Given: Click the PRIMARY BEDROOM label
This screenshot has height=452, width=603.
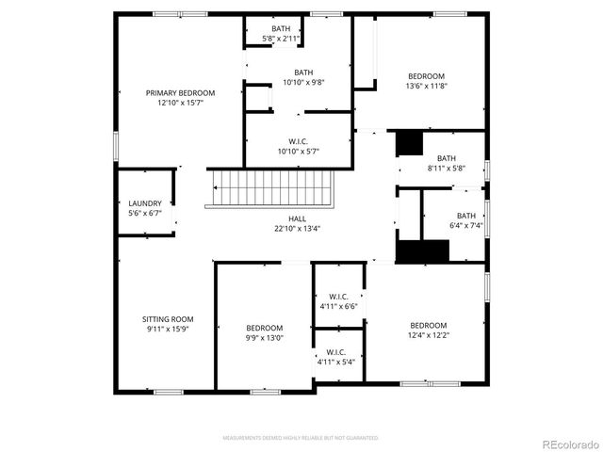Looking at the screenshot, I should (180, 93).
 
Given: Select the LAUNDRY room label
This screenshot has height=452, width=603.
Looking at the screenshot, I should (145, 203).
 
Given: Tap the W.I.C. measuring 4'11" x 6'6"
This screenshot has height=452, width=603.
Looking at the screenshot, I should (337, 299).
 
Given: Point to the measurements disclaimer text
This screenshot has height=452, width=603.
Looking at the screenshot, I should (301, 438).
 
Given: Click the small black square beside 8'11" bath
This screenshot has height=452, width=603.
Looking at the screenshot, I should (409, 143).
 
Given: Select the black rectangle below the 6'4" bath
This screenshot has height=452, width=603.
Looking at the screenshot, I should (422, 252).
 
